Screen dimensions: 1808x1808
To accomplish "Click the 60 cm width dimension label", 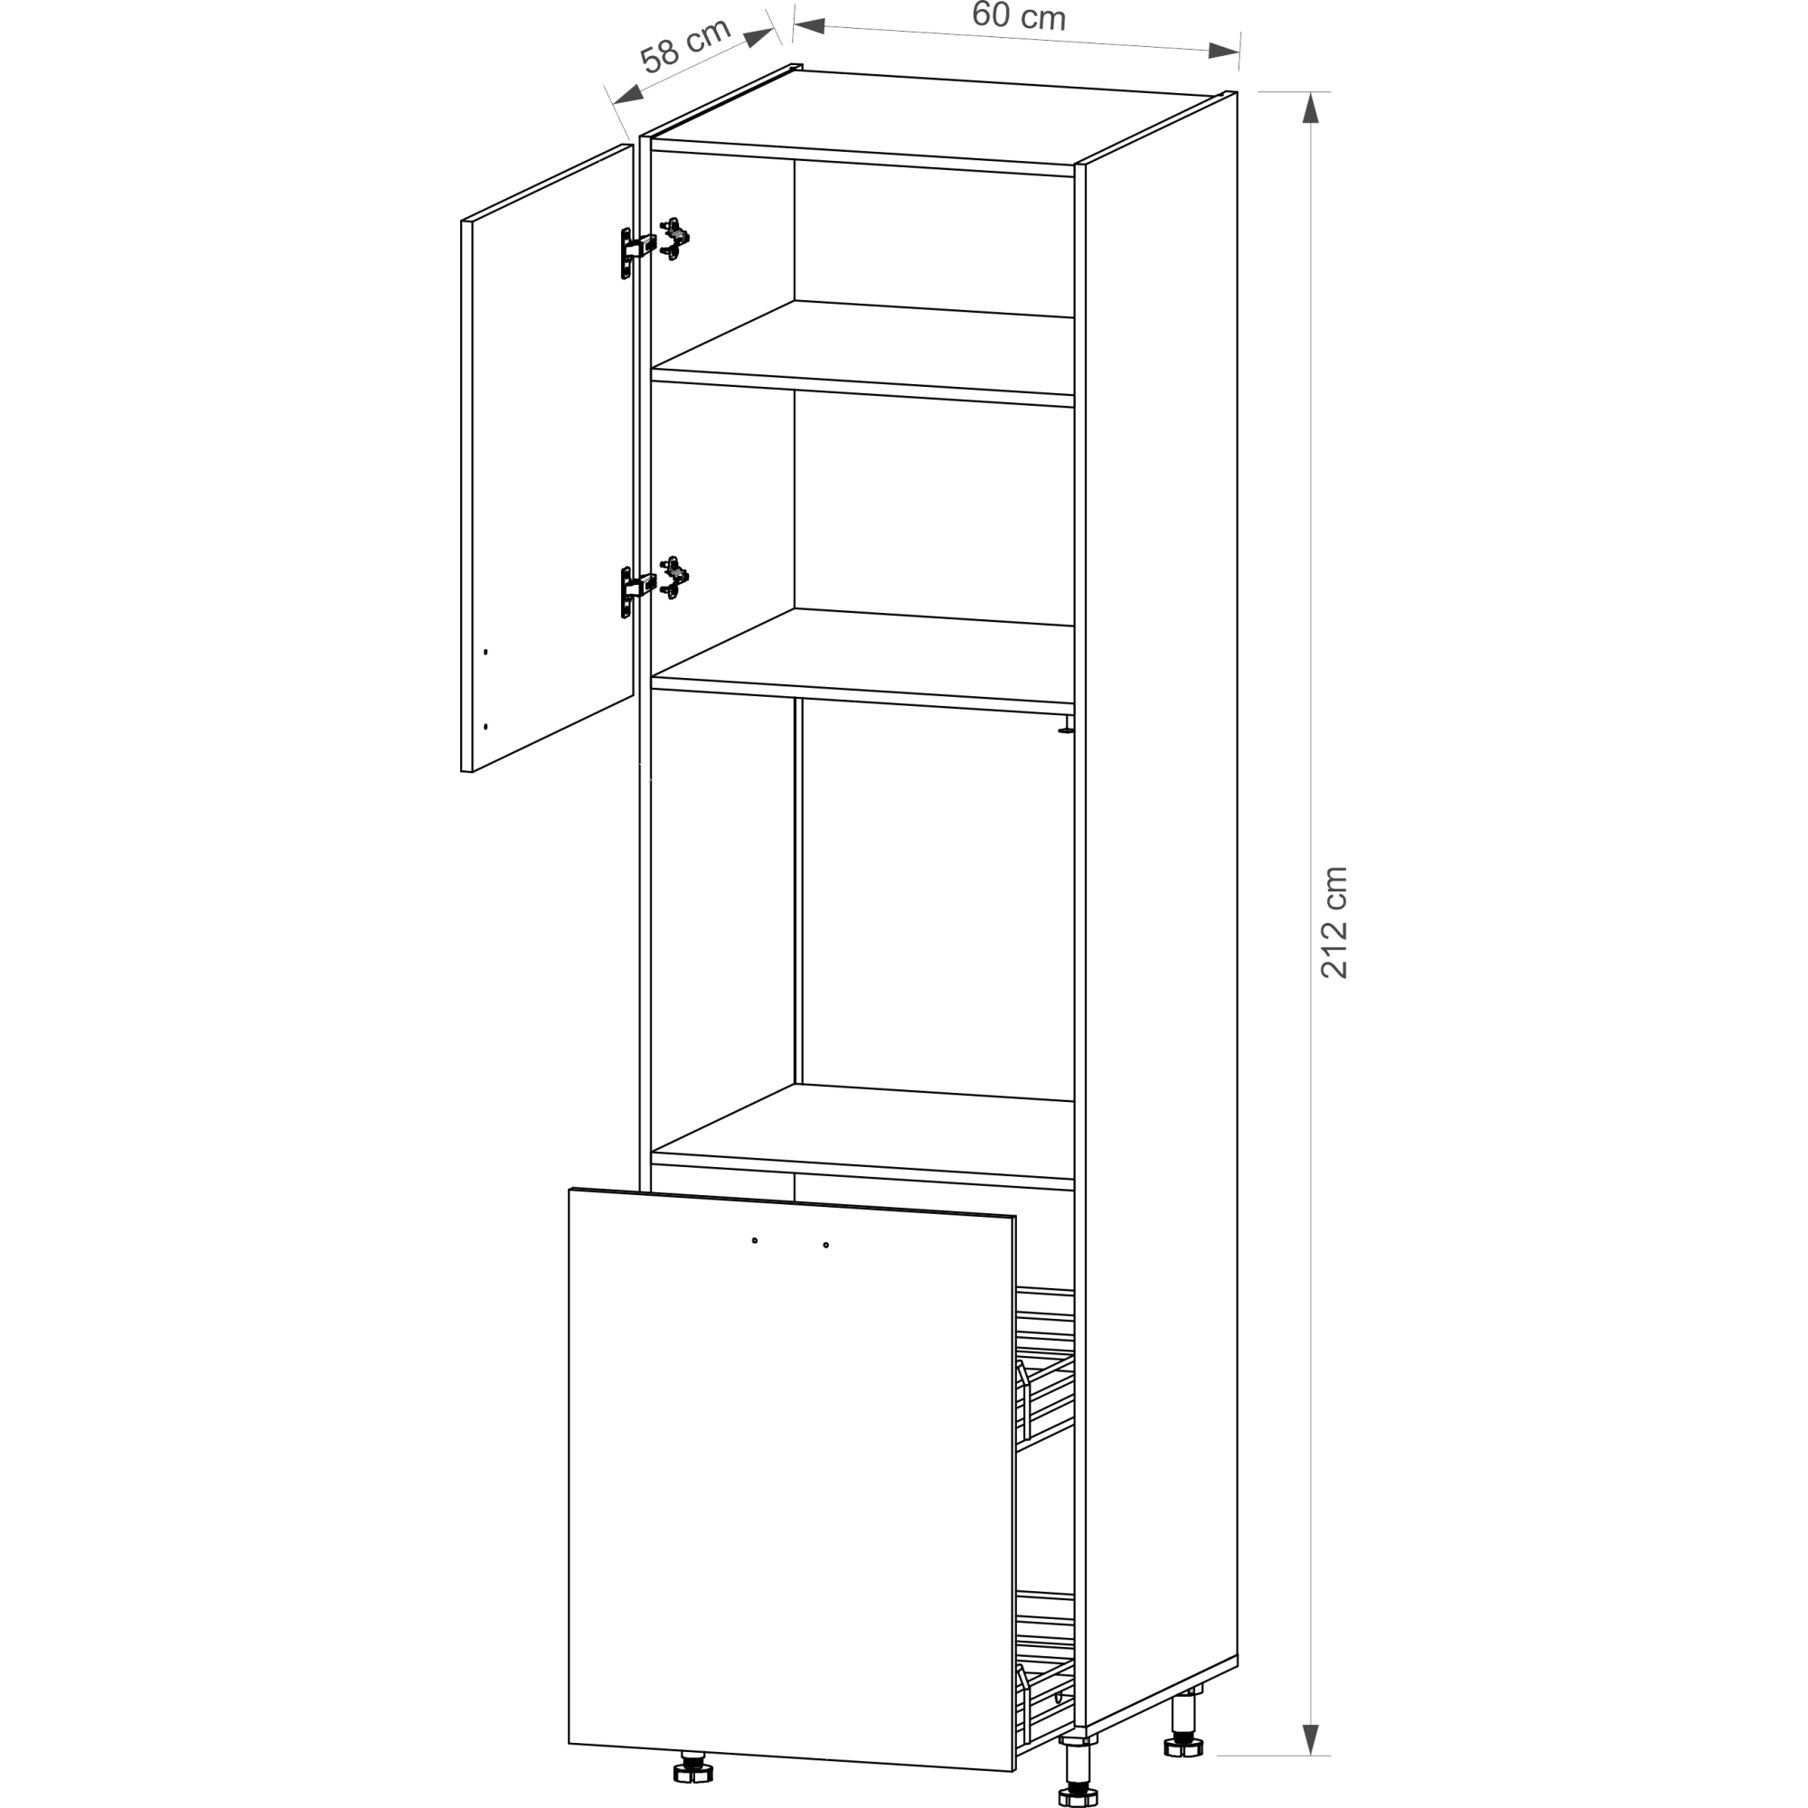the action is (x=1018, y=16).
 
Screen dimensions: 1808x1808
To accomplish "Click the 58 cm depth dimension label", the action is (x=685, y=45).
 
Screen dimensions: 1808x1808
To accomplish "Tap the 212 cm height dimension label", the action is (x=1333, y=923).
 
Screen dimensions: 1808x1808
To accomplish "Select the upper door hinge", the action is (x=654, y=246).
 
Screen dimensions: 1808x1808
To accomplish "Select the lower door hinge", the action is (x=654, y=586).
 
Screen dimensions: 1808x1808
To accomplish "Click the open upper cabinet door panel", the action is (x=548, y=457).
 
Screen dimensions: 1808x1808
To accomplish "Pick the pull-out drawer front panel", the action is (x=792, y=1480).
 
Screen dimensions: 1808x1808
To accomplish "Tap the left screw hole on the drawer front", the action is (x=754, y=1241).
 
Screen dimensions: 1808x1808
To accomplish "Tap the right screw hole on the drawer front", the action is (x=825, y=1246).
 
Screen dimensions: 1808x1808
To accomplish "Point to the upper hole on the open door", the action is (x=485, y=651).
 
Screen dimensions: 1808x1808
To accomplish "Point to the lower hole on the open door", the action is (x=485, y=726).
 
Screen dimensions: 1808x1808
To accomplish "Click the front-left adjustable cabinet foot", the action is (x=692, y=1766).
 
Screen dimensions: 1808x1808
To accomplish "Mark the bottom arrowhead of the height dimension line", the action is (x=1310, y=1739).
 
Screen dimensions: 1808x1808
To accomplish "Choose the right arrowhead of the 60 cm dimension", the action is (x=1224, y=51).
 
